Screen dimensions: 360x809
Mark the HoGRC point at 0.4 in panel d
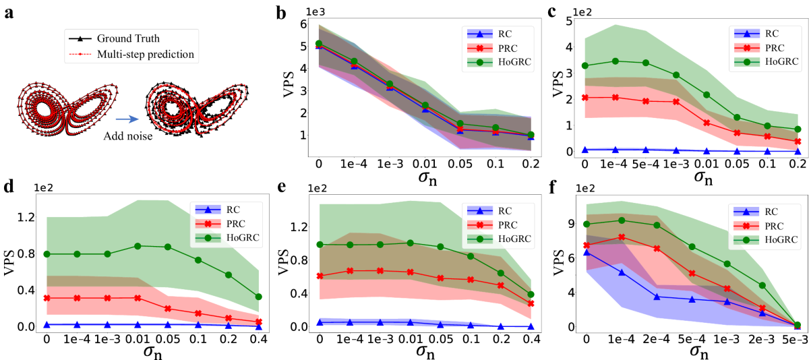tap(258, 297)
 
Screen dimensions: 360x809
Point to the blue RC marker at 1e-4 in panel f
tap(621, 272)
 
